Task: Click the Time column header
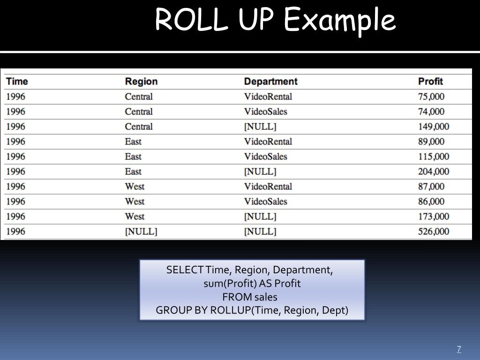17,82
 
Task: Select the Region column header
141,82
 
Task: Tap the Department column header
270,82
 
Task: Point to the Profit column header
430,82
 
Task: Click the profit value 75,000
431,97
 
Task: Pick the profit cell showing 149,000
434,127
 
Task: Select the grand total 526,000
434,232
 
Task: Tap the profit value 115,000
434,157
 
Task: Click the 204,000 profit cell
434,172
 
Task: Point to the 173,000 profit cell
434,217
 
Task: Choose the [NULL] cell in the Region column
141,232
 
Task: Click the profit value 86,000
431,202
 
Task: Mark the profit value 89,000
431,142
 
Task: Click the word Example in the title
340,21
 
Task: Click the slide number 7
459,349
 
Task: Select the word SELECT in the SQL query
185,270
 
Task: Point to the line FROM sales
250,297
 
